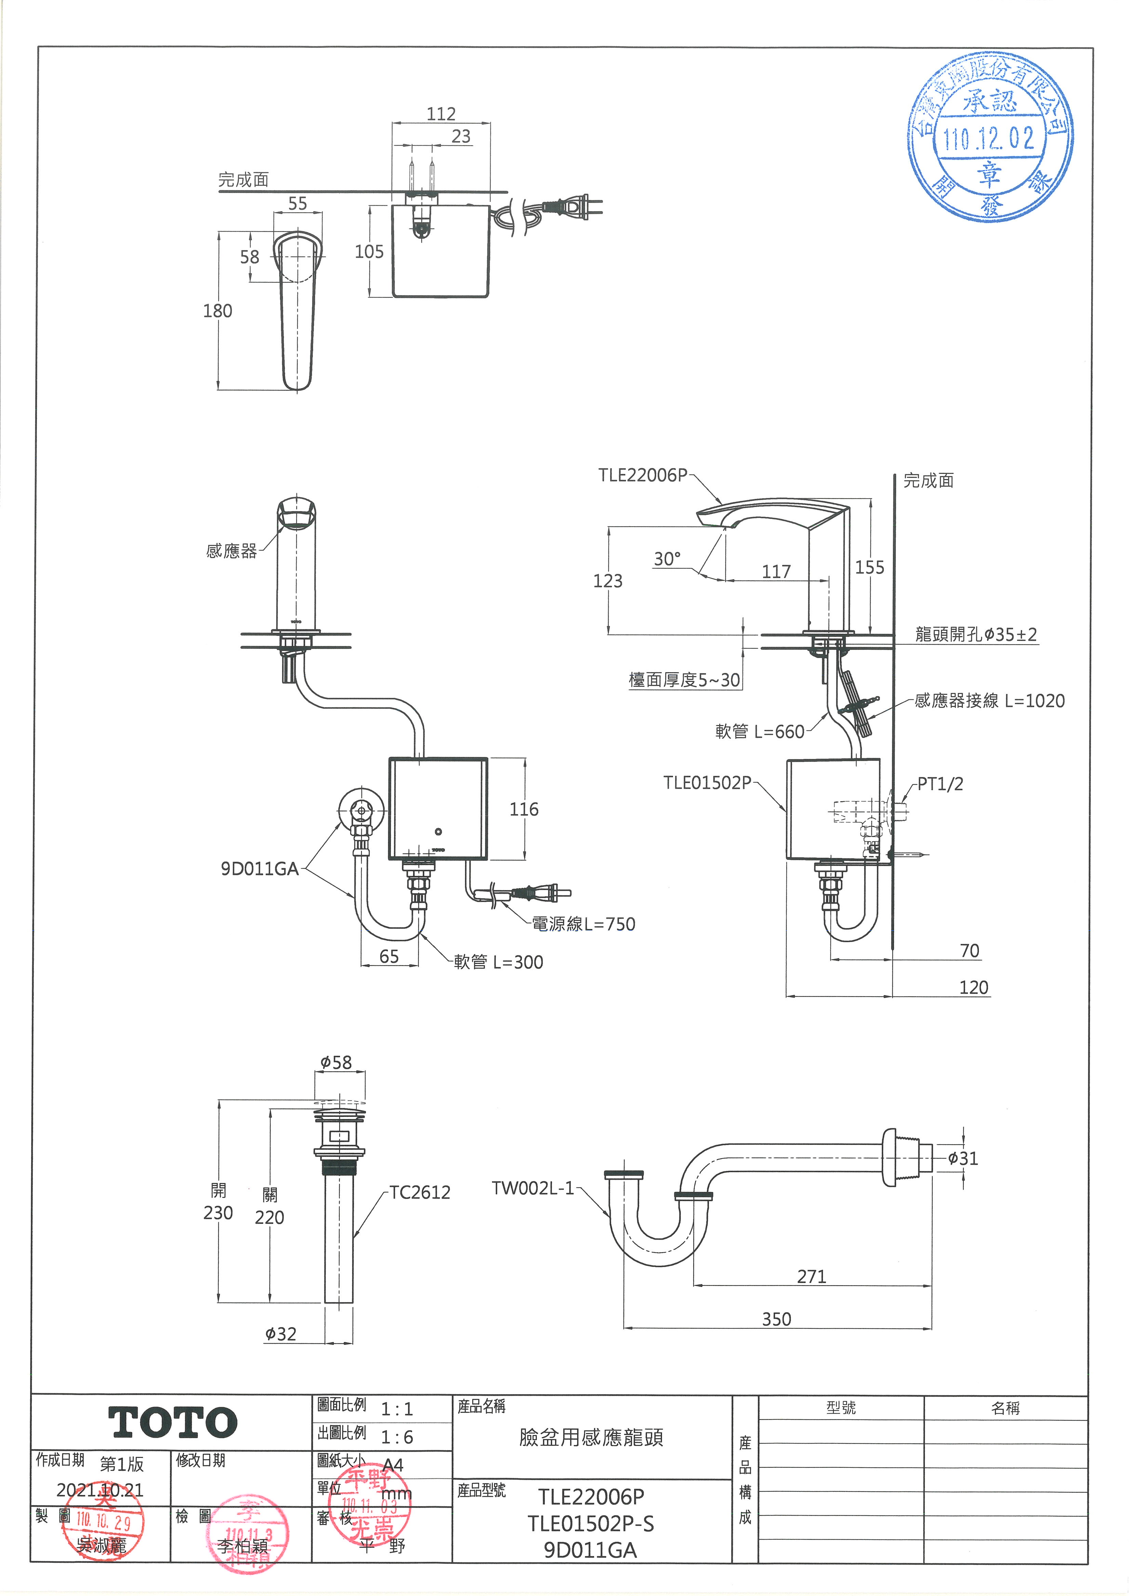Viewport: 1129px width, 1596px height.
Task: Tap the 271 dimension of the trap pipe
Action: click(x=811, y=1276)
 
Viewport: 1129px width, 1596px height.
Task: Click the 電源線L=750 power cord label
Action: click(x=583, y=924)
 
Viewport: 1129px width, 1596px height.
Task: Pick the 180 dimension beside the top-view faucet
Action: click(x=218, y=311)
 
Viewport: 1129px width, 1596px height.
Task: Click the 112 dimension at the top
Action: click(x=441, y=114)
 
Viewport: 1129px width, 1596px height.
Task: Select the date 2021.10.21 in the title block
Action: click(x=100, y=1490)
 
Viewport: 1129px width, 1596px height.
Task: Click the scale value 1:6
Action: click(x=397, y=1437)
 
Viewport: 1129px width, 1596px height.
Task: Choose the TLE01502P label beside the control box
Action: click(x=707, y=783)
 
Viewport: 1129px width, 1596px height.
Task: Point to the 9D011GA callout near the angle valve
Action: click(x=259, y=869)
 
